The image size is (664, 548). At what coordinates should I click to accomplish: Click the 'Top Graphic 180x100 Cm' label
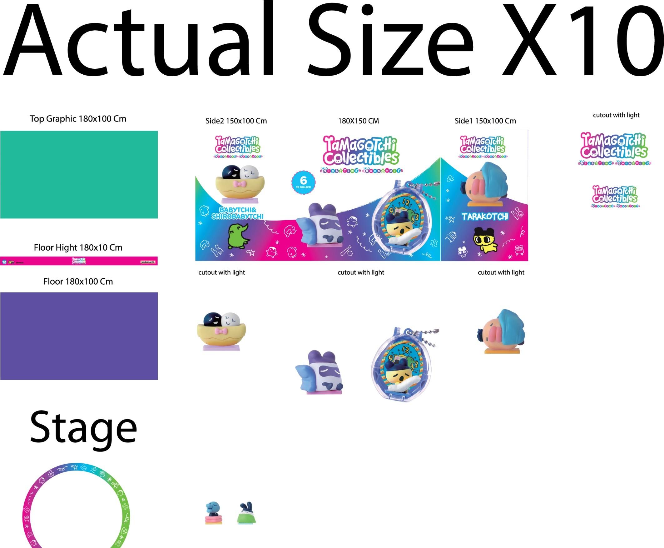point(78,119)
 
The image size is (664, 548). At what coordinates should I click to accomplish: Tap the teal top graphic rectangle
point(79,175)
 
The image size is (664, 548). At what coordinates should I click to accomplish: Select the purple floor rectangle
point(79,336)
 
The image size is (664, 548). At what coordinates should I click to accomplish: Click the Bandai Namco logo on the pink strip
point(148,262)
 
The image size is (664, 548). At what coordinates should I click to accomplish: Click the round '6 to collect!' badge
point(303,182)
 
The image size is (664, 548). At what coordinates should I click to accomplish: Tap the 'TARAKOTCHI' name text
point(485,216)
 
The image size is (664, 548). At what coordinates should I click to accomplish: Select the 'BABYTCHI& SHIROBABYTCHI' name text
point(237,213)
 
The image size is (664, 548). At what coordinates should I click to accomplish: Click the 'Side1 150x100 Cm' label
point(485,121)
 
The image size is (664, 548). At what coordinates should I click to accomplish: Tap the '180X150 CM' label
point(359,121)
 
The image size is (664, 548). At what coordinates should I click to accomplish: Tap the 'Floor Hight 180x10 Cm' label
point(78,247)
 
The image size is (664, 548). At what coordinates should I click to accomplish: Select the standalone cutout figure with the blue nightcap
point(502,331)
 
